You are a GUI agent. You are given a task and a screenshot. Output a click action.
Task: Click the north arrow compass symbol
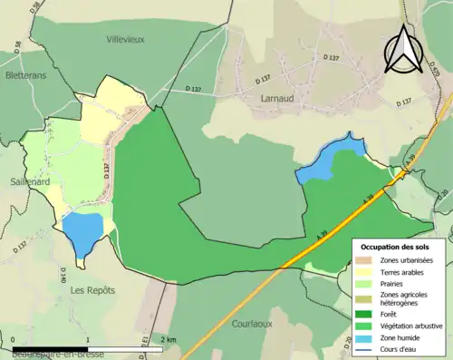(403, 50)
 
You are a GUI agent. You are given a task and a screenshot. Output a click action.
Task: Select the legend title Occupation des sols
(396, 247)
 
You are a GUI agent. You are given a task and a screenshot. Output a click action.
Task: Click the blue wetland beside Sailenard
(82, 231)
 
